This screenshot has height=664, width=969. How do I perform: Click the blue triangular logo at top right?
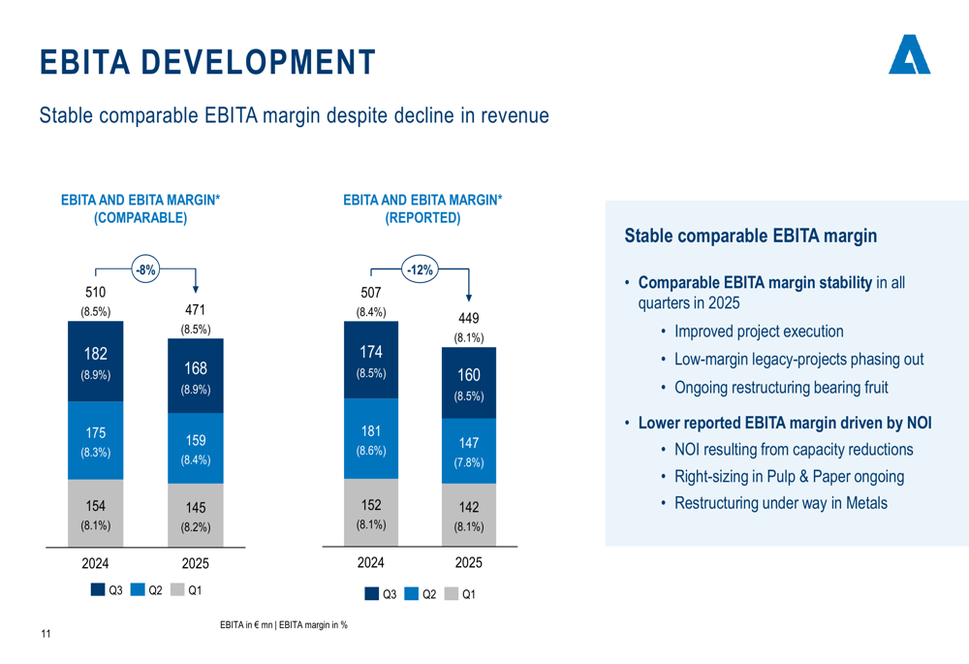click(x=909, y=56)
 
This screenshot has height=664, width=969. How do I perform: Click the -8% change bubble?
click(x=145, y=270)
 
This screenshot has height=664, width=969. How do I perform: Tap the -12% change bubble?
click(x=420, y=270)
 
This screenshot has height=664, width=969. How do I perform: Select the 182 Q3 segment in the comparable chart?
click(x=95, y=363)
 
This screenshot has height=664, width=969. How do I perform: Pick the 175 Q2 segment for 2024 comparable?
click(x=95, y=441)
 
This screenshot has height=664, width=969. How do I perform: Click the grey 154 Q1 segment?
click(x=95, y=514)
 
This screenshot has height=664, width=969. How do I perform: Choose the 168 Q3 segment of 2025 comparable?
click(x=195, y=377)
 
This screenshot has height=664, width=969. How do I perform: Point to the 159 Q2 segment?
click(x=195, y=449)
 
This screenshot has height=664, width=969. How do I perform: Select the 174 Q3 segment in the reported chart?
click(x=371, y=361)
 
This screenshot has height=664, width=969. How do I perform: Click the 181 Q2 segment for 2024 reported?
click(x=371, y=438)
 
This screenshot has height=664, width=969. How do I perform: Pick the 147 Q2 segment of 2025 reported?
click(x=469, y=451)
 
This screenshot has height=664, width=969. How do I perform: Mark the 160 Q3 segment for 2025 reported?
click(x=469, y=383)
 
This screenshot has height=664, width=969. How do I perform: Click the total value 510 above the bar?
click(x=95, y=292)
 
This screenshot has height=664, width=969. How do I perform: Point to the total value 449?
click(x=469, y=318)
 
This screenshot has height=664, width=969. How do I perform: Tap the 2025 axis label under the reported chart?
click(x=469, y=563)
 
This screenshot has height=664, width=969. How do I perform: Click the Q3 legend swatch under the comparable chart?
click(x=98, y=589)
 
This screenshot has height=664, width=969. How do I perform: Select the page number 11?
click(x=46, y=634)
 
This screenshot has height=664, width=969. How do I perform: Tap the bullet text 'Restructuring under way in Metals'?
click(x=780, y=503)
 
